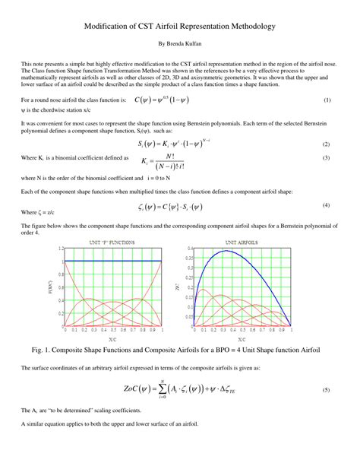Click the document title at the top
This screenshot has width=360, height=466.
coord(180,26)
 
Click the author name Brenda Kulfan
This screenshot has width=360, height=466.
coord(180,44)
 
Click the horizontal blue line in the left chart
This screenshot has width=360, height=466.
coord(113,261)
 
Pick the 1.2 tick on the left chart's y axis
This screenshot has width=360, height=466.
coord(59,248)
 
